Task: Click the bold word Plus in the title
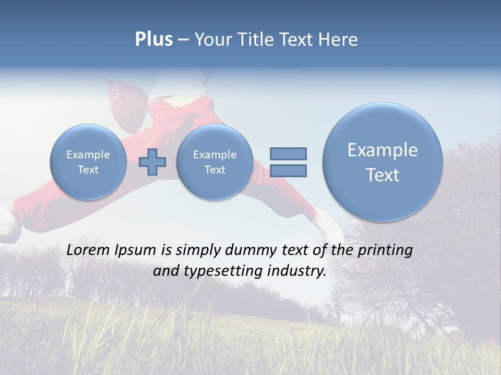tap(153, 40)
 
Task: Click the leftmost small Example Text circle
tap(88, 162)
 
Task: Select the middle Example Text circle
tap(214, 162)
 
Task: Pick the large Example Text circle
tap(383, 162)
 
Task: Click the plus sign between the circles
tap(152, 161)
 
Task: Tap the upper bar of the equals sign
tap(288, 154)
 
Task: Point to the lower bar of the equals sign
tap(288, 170)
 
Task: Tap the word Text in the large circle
tap(383, 175)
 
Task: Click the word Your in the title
tap(212, 40)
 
